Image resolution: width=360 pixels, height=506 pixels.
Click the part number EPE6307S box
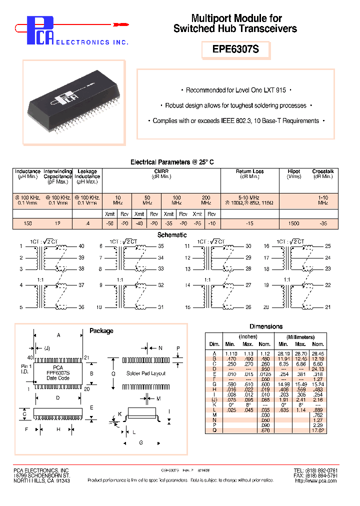pyautogui.click(x=235, y=50)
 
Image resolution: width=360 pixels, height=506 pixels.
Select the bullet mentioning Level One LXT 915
pyautogui.click(x=235, y=90)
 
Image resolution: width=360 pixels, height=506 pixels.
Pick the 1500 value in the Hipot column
pyautogui.click(x=293, y=223)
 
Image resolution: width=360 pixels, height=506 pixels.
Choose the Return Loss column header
pyautogui.click(x=249, y=171)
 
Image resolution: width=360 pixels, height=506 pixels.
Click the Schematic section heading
pyautogui.click(x=172, y=235)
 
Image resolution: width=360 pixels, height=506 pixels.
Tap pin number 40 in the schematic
pyautogui.click(x=81, y=246)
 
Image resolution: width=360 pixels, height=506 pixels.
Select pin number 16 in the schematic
pyautogui.click(x=266, y=246)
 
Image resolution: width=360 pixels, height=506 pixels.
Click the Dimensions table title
pyautogui.click(x=265, y=326)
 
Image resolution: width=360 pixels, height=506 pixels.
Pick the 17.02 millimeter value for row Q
pyautogui.click(x=317, y=430)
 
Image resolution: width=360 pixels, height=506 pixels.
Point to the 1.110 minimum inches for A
pyautogui.click(x=229, y=353)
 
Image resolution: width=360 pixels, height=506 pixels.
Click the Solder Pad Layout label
pyautogui.click(x=146, y=373)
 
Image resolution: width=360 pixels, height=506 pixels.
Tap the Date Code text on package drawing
pyautogui.click(x=58, y=378)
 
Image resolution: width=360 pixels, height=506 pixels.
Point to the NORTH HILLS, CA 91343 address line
pyautogui.click(x=41, y=480)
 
